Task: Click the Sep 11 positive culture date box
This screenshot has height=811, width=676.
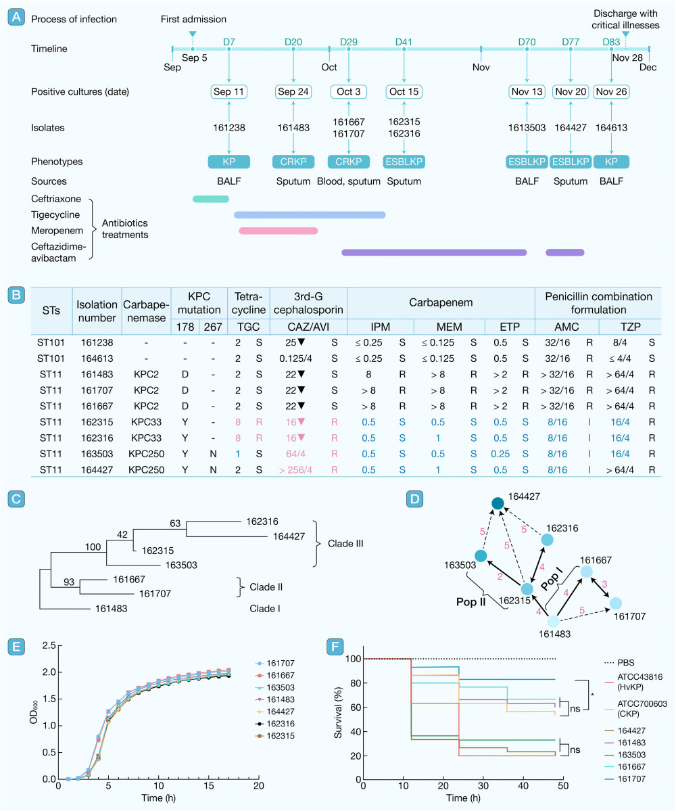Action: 229,91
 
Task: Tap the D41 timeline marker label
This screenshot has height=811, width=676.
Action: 404,42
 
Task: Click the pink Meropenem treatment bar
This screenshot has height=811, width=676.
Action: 278,231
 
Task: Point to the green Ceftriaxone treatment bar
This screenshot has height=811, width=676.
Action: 211,199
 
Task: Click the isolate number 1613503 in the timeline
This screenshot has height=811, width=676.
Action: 526,126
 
